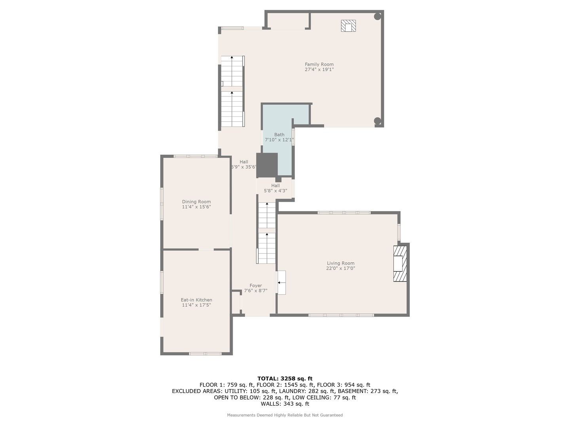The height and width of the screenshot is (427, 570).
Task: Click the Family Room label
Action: pos(319,64)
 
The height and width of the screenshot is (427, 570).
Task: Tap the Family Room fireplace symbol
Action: pos(348,26)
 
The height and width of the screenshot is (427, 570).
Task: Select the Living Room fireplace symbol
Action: pos(400,263)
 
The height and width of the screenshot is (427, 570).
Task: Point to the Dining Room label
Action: pos(196,202)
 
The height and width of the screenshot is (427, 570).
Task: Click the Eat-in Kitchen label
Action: pos(196,300)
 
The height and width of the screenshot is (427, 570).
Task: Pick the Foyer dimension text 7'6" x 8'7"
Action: pos(256,291)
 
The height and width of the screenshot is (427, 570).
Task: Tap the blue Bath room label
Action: pos(279,135)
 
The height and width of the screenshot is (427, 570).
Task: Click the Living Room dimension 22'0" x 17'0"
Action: pos(340,268)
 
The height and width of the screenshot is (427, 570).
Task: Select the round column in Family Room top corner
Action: pos(378,17)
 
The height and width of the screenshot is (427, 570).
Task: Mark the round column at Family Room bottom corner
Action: pos(378,121)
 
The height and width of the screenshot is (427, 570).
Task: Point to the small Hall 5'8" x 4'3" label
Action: pos(275,186)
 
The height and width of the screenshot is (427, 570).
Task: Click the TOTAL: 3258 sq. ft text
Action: pos(285,378)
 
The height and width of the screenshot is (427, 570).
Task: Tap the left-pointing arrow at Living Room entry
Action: pos(280,283)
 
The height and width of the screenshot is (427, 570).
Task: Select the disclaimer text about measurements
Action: pos(285,415)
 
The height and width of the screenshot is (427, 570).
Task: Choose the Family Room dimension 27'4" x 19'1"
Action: pos(319,70)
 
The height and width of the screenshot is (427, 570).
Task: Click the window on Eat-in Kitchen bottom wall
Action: pos(205,353)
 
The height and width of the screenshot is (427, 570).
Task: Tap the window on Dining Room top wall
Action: pos(196,156)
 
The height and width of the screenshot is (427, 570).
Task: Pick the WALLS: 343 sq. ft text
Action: pos(285,404)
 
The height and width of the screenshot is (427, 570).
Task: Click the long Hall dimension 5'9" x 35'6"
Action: pos(244,167)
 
